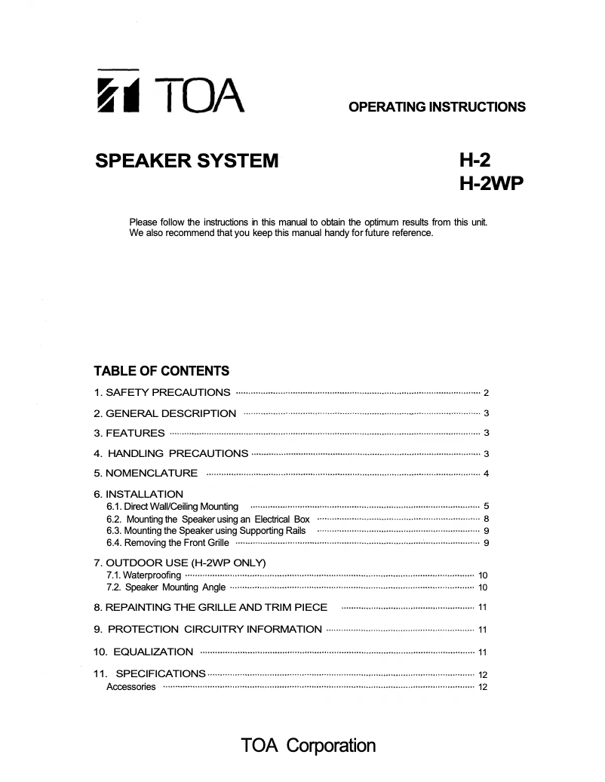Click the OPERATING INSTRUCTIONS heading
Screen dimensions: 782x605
click(437, 107)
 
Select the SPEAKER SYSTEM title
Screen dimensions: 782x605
click(186, 161)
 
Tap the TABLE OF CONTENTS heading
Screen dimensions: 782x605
click(161, 371)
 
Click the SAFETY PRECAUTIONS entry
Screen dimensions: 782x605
click(162, 393)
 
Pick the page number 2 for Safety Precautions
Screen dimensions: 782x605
click(487, 394)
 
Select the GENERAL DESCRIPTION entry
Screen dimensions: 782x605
click(164, 413)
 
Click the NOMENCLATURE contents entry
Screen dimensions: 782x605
click(146, 474)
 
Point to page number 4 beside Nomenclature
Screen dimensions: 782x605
click(487, 474)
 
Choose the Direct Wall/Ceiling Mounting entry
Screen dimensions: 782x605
click(173, 507)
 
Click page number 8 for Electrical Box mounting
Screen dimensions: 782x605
click(487, 520)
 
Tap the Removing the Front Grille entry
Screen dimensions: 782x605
click(167, 543)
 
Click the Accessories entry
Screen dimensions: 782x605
click(131, 687)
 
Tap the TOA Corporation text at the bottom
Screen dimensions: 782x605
click(308, 746)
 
